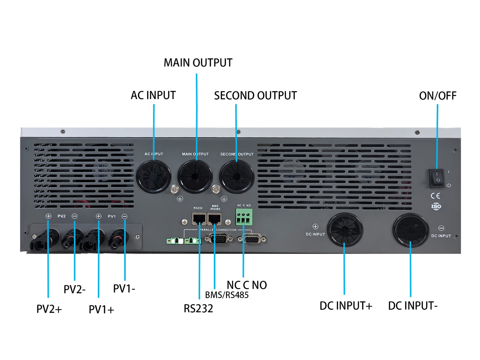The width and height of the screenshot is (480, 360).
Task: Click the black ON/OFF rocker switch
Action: click(x=436, y=178)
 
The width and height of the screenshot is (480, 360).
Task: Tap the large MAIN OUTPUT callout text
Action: click(x=198, y=63)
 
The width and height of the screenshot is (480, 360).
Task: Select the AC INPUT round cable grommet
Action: click(x=154, y=177)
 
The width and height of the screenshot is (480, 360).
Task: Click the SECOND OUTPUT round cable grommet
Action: click(x=237, y=177)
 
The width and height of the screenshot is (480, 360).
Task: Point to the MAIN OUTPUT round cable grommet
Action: click(x=195, y=177)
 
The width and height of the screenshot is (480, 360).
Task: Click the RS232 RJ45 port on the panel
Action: click(x=199, y=219)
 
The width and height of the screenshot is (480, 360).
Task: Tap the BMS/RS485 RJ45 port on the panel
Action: click(x=214, y=219)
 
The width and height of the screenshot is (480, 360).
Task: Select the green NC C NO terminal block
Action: click(x=244, y=217)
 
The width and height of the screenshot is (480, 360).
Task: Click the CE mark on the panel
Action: click(x=435, y=196)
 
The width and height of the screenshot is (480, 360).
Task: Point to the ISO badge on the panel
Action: click(x=436, y=206)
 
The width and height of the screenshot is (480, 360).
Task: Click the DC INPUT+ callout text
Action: click(x=346, y=306)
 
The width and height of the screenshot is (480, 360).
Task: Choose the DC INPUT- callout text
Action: click(x=413, y=306)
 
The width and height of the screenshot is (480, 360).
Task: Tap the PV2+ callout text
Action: click(x=49, y=309)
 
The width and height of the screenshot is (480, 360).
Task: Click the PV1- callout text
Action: click(x=124, y=289)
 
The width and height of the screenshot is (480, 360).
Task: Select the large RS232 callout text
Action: click(x=198, y=309)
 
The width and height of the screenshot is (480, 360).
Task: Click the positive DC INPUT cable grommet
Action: click(x=345, y=230)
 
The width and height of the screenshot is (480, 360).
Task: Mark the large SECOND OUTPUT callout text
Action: click(x=255, y=96)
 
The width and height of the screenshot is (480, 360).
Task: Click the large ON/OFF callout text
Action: click(x=438, y=96)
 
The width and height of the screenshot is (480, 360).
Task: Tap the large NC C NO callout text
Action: click(x=247, y=285)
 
